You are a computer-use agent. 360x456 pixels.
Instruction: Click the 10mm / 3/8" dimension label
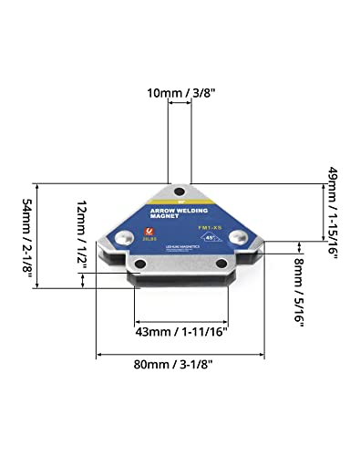(x=180, y=92)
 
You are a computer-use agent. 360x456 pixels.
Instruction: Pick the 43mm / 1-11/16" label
(x=180, y=333)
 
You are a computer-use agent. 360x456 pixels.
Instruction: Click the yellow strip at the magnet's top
(x=180, y=202)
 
